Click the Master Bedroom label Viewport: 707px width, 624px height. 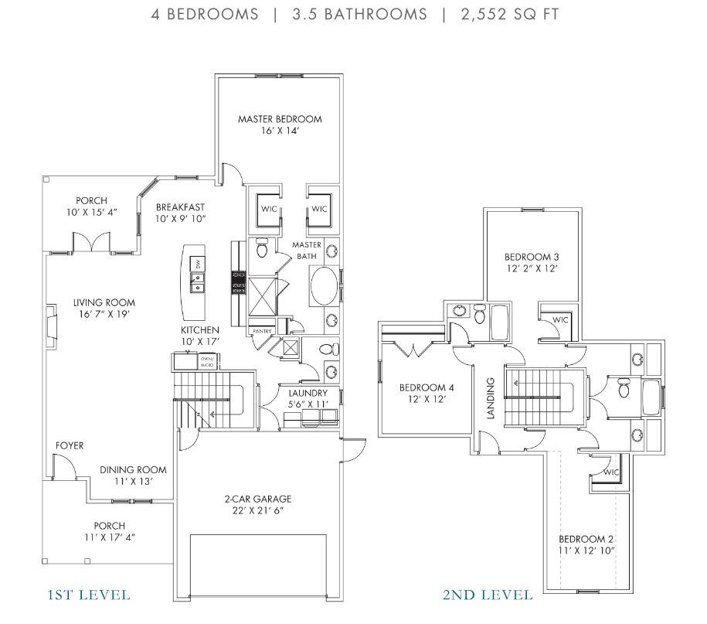click(x=280, y=119)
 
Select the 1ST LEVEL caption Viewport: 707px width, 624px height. click(x=89, y=595)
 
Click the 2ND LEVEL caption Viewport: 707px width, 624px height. click(x=487, y=595)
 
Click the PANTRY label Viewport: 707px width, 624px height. click(x=262, y=331)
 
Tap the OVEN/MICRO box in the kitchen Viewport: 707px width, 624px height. click(x=207, y=362)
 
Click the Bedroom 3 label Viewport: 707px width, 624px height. click(x=532, y=257)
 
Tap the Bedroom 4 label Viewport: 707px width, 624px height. click(x=423, y=387)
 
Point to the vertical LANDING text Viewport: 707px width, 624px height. click(x=490, y=397)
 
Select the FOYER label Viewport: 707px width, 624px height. click(x=69, y=446)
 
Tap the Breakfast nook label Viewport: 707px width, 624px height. click(x=180, y=207)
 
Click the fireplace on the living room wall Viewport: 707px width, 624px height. click(x=50, y=323)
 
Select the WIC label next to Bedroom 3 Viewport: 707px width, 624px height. click(x=560, y=319)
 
